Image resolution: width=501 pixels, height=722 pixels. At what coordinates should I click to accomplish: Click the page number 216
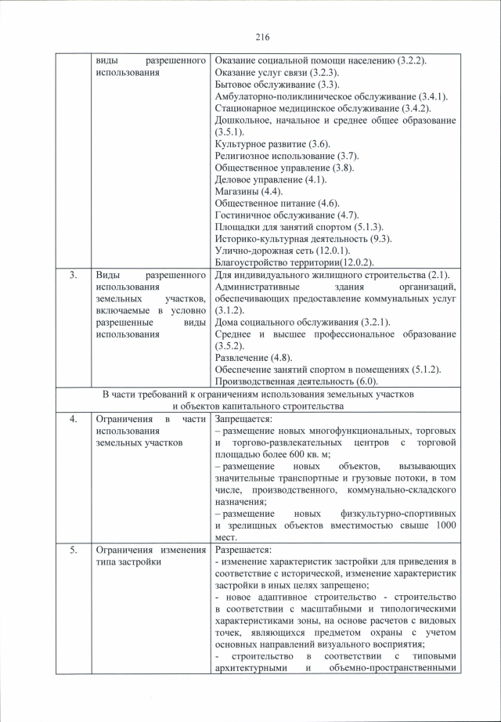click(x=261, y=36)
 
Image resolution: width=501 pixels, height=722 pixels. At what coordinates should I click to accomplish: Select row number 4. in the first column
click(x=73, y=419)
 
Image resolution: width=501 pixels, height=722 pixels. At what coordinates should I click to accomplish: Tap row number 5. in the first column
click(x=73, y=550)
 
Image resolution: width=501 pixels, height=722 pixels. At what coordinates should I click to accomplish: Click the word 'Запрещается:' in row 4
click(x=243, y=419)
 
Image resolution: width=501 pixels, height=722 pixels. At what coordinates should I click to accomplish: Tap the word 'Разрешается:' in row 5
click(x=242, y=550)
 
